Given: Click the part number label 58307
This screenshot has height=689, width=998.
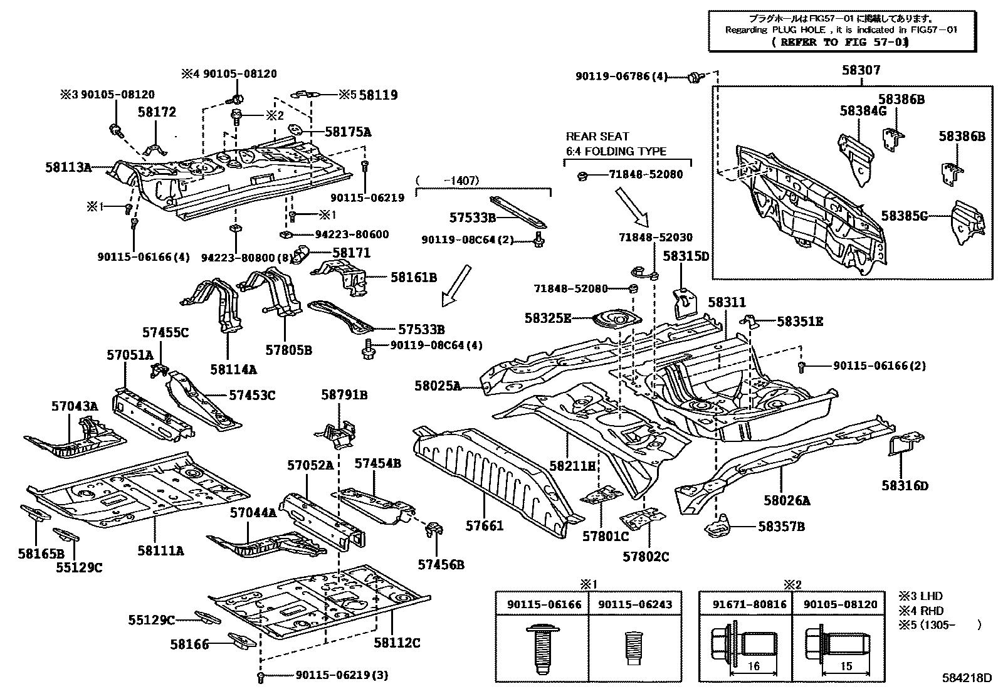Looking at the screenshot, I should [x=860, y=70].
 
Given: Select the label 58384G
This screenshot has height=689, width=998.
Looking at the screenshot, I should [x=863, y=111].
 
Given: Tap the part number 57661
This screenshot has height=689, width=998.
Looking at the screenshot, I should [x=484, y=525].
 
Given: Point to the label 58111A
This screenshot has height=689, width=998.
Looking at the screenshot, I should [x=160, y=550].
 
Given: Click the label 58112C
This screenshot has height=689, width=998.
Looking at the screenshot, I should [x=397, y=643].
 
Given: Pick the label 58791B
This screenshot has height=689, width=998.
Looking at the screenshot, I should [x=344, y=395].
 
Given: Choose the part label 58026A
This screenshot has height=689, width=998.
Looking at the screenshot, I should [x=787, y=500].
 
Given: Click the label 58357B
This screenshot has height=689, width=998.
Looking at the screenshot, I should [x=781, y=527].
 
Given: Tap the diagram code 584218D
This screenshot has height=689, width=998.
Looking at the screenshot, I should [x=967, y=678].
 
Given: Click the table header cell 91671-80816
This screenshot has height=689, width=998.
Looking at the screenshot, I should [x=745, y=604].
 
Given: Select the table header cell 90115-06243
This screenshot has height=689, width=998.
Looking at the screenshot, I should [x=635, y=604].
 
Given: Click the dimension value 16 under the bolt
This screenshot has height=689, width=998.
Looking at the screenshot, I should [x=754, y=666].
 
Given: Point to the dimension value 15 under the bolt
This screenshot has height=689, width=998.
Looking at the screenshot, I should [x=846, y=666].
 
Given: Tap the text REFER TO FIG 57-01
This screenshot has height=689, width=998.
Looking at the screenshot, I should [x=840, y=42].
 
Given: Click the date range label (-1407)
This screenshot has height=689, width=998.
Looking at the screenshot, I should [x=448, y=181].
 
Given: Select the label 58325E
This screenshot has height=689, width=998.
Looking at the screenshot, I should [x=548, y=318].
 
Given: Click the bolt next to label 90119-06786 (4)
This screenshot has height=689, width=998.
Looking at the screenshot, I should [x=693, y=78].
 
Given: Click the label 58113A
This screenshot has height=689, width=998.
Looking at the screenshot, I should [x=68, y=167].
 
